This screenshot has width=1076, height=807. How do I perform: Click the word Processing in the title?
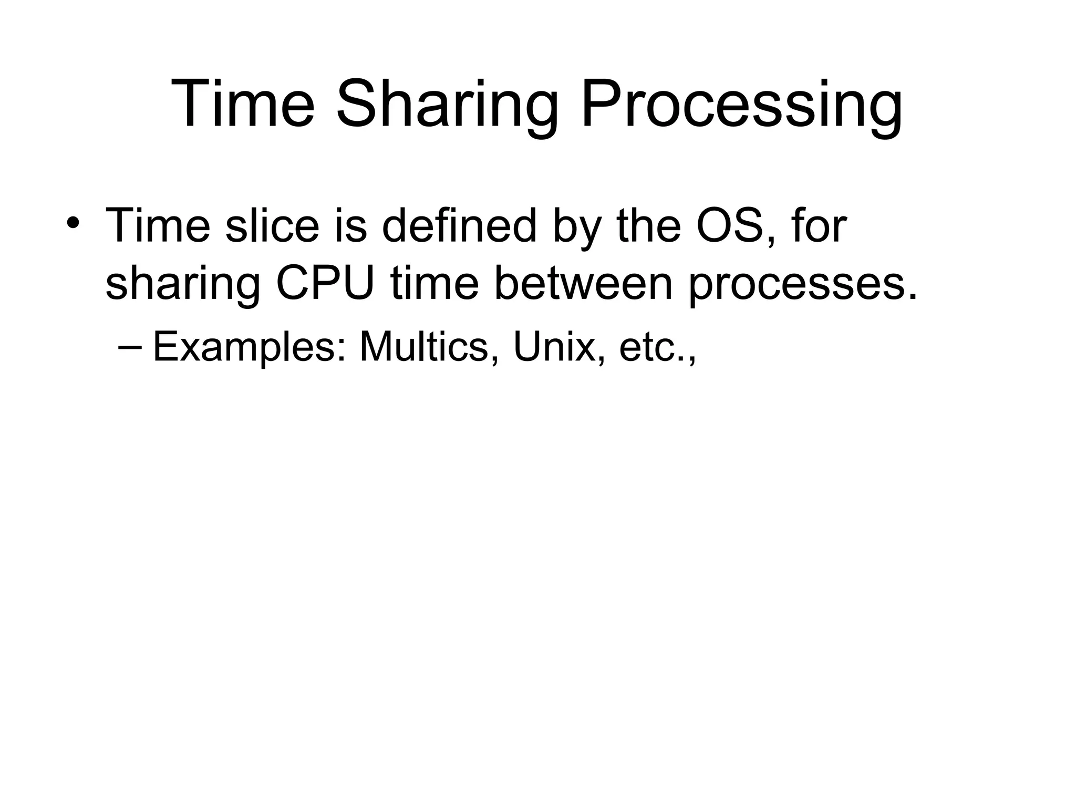[741, 105]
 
